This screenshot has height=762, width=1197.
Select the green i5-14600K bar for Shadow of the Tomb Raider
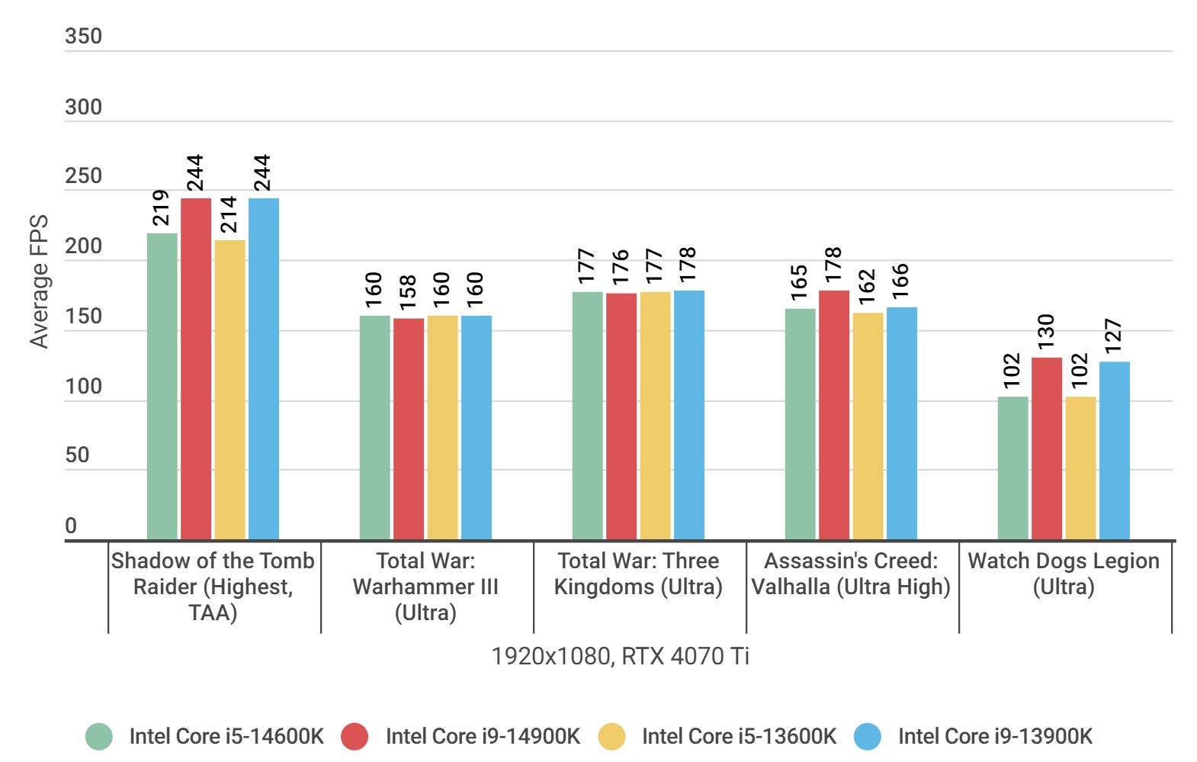162,386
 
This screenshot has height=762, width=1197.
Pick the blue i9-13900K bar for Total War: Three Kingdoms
688,415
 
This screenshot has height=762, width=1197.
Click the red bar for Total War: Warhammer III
409,429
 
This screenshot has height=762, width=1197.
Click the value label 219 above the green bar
162,208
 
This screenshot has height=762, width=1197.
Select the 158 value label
409,293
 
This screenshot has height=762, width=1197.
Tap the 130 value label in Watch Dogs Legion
1046,332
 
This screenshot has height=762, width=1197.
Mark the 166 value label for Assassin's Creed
900,282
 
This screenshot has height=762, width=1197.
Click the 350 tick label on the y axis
83,37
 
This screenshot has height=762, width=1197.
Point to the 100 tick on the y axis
83,387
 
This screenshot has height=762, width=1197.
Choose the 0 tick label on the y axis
71,526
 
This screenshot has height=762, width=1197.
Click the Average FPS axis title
39,281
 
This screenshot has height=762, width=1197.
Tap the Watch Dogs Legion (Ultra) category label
1064,574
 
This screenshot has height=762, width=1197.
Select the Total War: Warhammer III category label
425,587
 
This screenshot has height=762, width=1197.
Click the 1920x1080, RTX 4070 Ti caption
621,656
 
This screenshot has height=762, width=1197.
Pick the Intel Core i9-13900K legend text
995,736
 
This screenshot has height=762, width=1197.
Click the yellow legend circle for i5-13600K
611,736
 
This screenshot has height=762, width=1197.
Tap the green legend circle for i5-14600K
99,736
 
